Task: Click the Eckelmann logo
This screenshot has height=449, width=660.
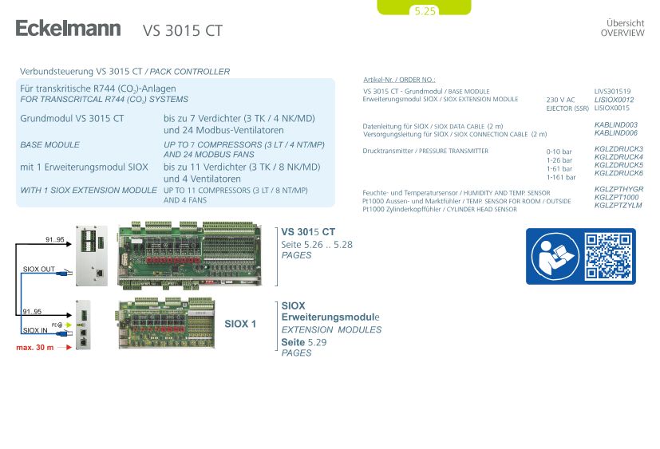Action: [68, 28]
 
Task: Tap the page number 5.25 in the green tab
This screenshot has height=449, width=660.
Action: [425, 11]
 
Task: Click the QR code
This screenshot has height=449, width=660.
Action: [608, 256]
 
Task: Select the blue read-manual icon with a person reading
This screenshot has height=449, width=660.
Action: [555, 256]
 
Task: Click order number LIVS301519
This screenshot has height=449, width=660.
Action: [612, 91]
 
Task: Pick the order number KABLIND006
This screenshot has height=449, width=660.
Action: [616, 133]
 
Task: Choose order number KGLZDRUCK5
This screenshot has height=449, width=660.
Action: [619, 165]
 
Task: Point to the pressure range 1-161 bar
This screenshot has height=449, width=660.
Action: [561, 177]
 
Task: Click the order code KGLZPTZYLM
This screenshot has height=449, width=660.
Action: [618, 205]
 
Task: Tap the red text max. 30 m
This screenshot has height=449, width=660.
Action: [35, 348]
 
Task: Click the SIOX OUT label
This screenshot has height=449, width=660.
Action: [39, 270]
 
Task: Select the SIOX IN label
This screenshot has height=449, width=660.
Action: [35, 330]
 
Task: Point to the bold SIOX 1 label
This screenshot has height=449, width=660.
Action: [240, 324]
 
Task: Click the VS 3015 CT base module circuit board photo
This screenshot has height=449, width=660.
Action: [190, 255]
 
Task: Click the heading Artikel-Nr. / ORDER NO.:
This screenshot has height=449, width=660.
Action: [399, 80]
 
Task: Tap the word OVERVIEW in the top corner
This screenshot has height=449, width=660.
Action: [622, 33]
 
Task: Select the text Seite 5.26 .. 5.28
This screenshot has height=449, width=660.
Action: [317, 245]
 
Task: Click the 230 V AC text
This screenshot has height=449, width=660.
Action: [560, 100]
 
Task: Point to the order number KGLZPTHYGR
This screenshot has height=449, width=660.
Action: [619, 189]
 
